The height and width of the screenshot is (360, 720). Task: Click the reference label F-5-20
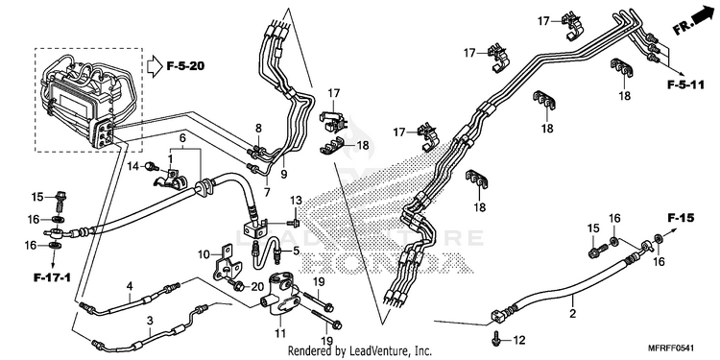click(185, 66)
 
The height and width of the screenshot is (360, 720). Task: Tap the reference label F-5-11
click(685, 85)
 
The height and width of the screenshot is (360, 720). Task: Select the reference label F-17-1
click(52, 277)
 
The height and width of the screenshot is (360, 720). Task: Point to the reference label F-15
click(681, 218)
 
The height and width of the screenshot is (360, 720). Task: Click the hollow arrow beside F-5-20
click(155, 66)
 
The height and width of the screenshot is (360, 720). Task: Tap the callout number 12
click(518, 340)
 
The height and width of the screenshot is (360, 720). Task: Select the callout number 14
click(132, 166)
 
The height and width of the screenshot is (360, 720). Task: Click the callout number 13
click(297, 201)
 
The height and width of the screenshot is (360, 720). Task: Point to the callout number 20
click(257, 287)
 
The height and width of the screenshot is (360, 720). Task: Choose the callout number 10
click(204, 254)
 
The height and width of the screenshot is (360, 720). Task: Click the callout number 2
click(572, 314)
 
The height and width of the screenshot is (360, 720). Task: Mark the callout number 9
click(284, 175)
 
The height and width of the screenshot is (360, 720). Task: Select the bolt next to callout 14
click(149, 166)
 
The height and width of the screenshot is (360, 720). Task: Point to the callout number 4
click(130, 286)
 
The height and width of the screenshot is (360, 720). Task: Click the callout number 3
click(150, 321)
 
